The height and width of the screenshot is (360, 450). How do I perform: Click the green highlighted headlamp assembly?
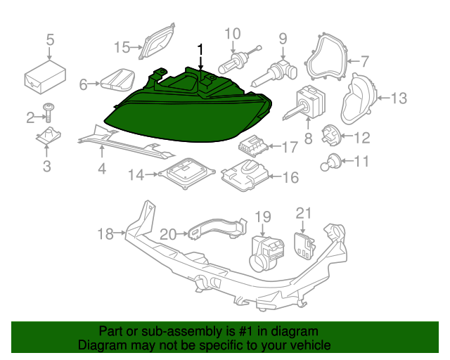pos(190,109)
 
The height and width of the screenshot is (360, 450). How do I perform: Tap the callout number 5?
pos(50,39)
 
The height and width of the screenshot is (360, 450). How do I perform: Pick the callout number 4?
pos(102,169)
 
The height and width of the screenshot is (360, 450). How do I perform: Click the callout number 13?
pos(398,98)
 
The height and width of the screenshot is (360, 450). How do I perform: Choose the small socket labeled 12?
pos(331,133)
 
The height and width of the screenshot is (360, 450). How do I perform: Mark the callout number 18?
pos(105,233)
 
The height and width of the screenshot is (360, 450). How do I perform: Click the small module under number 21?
pos(304,243)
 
